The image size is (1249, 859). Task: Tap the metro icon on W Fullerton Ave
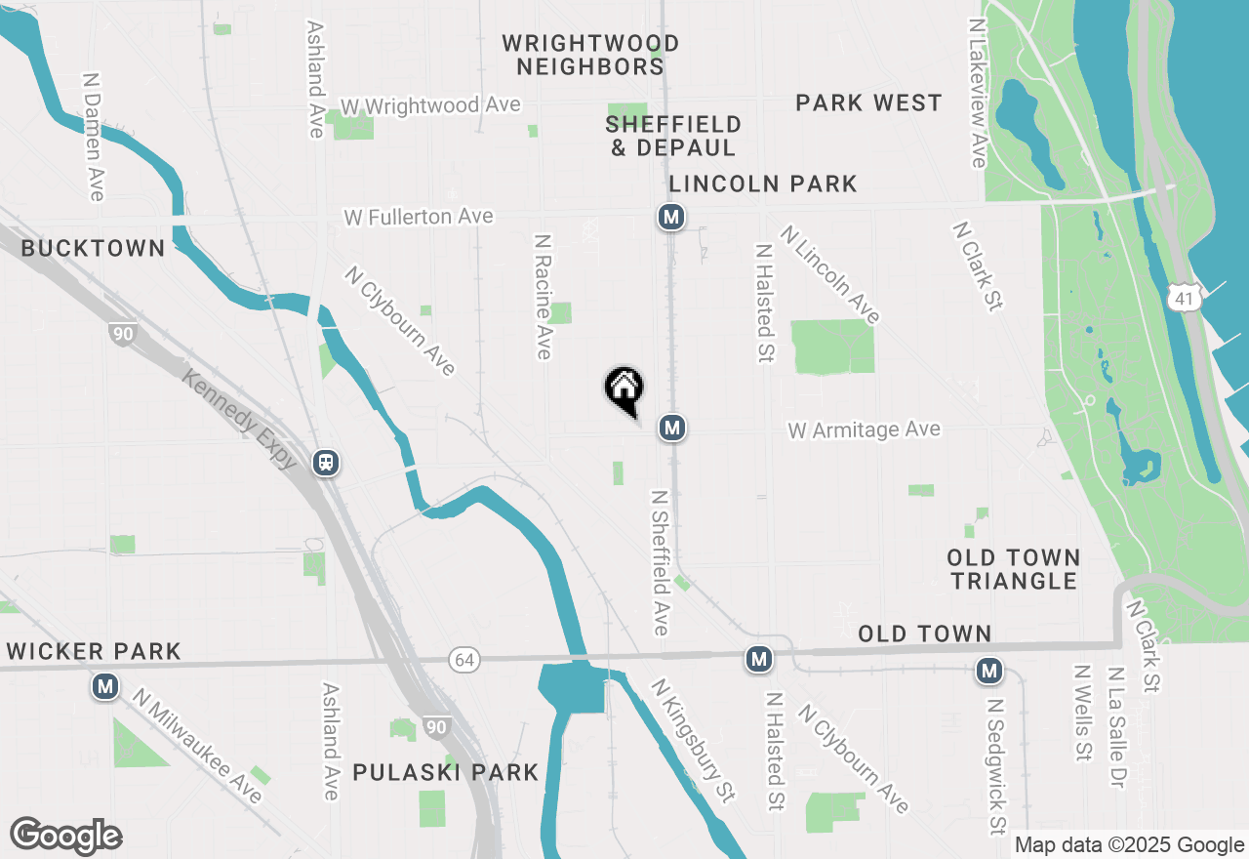pos(670,217)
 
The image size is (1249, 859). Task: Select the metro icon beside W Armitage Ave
pos(670,428)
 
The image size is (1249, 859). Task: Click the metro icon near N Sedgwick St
pos(989,672)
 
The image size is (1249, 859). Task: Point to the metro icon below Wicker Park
pos(105,687)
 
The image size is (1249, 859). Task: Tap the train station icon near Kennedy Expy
pos(326,463)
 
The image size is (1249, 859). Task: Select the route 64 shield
pos(464,661)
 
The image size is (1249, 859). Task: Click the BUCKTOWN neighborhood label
pos(93,248)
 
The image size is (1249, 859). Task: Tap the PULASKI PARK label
pos(445,772)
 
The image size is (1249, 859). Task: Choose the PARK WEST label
pos(868,102)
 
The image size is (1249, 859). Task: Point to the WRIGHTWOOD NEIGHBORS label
pos(590,55)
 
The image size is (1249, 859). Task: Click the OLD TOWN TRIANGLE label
pos(1014,569)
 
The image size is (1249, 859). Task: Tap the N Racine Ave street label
pos(543,295)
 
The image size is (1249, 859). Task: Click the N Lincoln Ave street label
pos(830,274)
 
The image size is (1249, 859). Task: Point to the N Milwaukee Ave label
pos(199,747)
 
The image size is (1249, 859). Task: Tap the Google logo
pos(65,836)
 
